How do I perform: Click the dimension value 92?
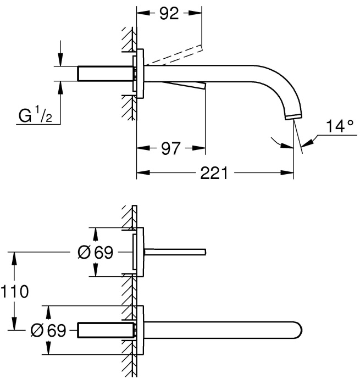click(169, 14)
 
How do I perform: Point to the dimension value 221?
click(213, 174)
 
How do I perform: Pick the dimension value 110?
click(14, 291)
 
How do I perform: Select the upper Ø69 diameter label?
click(95, 253)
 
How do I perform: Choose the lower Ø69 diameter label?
click(48, 331)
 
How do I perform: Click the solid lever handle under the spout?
click(184, 85)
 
